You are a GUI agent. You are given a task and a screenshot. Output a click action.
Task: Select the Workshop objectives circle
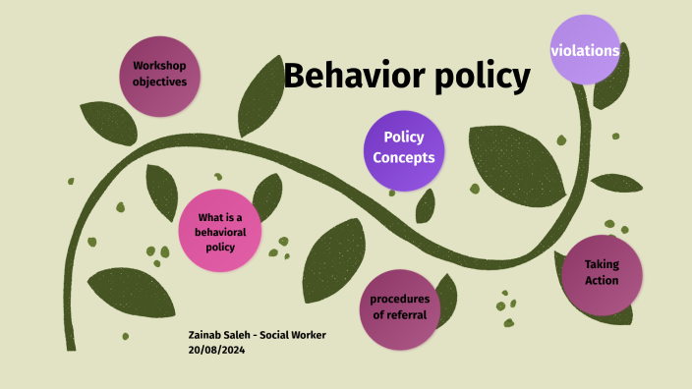[x=159, y=75]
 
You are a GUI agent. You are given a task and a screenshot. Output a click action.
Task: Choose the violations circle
[x=585, y=50]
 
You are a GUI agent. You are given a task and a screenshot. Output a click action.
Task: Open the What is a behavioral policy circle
[x=220, y=232]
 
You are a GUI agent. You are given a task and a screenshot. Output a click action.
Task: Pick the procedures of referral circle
[x=399, y=307]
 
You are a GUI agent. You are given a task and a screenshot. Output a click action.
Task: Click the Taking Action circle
[x=602, y=273]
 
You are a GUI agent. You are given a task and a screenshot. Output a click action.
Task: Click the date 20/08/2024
[x=216, y=350]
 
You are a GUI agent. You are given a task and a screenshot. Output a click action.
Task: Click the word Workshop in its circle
[x=159, y=67]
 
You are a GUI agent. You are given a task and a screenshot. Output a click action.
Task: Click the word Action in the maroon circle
[x=602, y=281]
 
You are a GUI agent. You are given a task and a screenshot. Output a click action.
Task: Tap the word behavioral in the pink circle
[x=220, y=232]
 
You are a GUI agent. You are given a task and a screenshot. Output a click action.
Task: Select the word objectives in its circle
[x=159, y=83]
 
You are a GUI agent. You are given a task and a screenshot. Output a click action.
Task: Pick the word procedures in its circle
[x=399, y=299]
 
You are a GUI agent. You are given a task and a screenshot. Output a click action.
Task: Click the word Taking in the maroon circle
[x=602, y=264]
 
